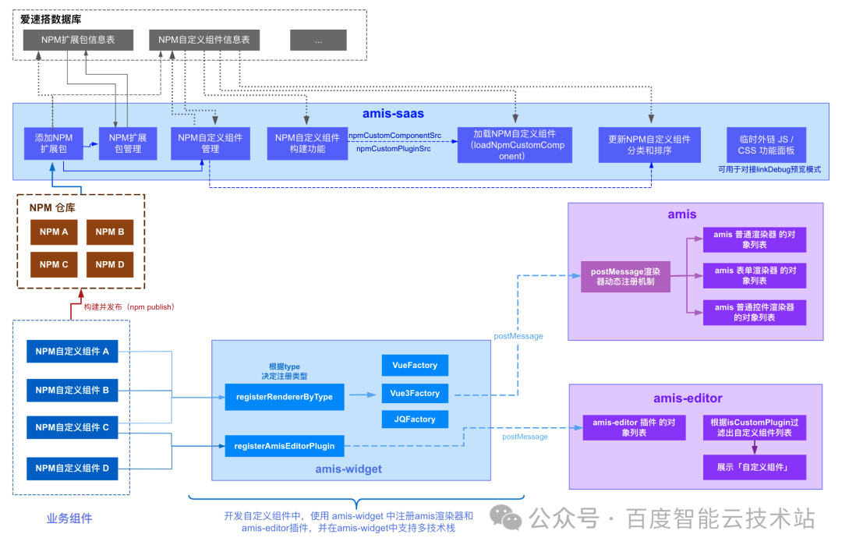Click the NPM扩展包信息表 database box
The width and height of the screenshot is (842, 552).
pyautogui.click(x=78, y=40)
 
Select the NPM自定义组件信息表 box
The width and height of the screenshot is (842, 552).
pyautogui.click(x=204, y=40)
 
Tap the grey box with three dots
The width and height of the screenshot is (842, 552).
pyautogui.click(x=318, y=41)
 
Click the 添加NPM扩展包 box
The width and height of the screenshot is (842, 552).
pyautogui.click(x=54, y=143)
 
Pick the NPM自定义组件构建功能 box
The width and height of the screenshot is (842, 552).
pyautogui.click(x=307, y=143)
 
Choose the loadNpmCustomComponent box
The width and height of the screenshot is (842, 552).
pyautogui.click(x=515, y=145)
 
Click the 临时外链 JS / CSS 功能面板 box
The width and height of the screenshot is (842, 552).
pyautogui.click(x=766, y=145)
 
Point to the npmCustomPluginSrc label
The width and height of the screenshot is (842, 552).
pyautogui.click(x=394, y=149)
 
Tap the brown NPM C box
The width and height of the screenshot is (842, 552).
pyautogui.click(x=54, y=265)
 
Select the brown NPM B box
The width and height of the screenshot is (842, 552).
pyautogui.click(x=110, y=232)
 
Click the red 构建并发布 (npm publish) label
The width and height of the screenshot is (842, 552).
pyautogui.click(x=129, y=307)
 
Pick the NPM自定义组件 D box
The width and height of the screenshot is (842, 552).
pyautogui.click(x=73, y=469)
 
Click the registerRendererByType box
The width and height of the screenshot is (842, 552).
pyautogui.click(x=285, y=397)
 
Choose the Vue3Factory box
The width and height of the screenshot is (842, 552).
pyautogui.click(x=415, y=393)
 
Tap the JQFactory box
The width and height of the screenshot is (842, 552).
pyautogui.click(x=415, y=419)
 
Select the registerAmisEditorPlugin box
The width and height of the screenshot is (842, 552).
pyautogui.click(x=285, y=446)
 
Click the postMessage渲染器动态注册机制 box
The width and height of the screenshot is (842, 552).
pyautogui.click(x=625, y=277)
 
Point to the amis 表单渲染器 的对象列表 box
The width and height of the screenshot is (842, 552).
pyautogui.click(x=755, y=275)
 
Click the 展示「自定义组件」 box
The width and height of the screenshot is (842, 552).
pyautogui.click(x=755, y=467)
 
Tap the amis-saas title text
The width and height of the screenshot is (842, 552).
pyautogui.click(x=393, y=114)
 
